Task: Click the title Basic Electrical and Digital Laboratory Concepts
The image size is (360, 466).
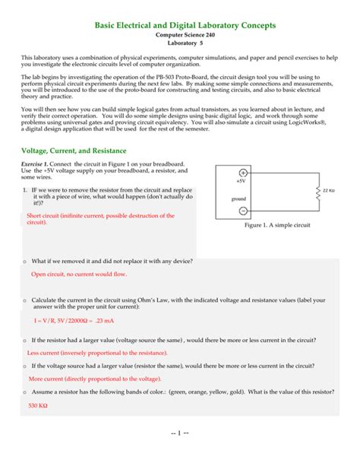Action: point(185,26)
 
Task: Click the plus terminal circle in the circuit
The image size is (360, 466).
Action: point(242,173)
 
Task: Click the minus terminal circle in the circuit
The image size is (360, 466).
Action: point(242,211)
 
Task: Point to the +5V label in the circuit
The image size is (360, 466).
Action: point(240,182)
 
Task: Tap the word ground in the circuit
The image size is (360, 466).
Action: point(240,198)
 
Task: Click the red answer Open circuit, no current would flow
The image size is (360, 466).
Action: point(79,274)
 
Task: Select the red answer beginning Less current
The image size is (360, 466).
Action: point(97,353)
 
